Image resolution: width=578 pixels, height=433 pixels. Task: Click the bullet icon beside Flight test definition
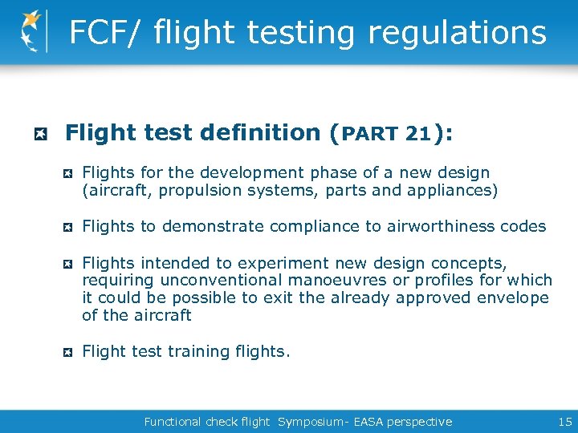(37, 133)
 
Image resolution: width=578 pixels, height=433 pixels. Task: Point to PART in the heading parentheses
(370, 134)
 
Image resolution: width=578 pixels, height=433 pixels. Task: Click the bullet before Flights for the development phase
(70, 173)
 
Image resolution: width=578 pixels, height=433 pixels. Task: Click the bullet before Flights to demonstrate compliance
(70, 227)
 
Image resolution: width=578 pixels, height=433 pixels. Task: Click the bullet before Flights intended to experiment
(70, 264)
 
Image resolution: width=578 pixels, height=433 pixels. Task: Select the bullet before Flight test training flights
(70, 352)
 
